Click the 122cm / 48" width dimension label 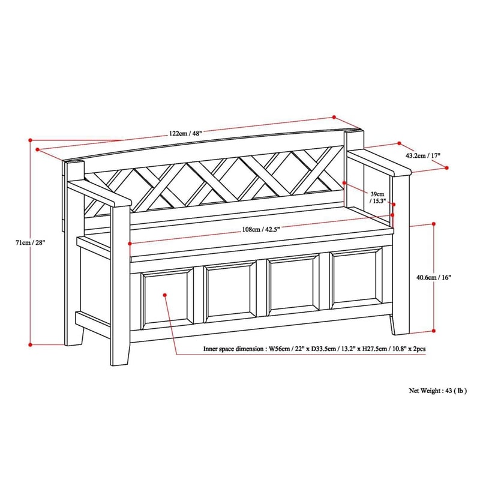pyautogui.click(x=185, y=133)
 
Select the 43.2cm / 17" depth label pyautogui.click(x=424, y=155)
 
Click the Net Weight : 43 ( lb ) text pyautogui.click(x=437, y=390)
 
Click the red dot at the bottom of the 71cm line pyautogui.click(x=31, y=344)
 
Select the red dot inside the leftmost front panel pyautogui.click(x=166, y=295)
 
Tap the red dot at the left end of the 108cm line pyautogui.click(x=130, y=243)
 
